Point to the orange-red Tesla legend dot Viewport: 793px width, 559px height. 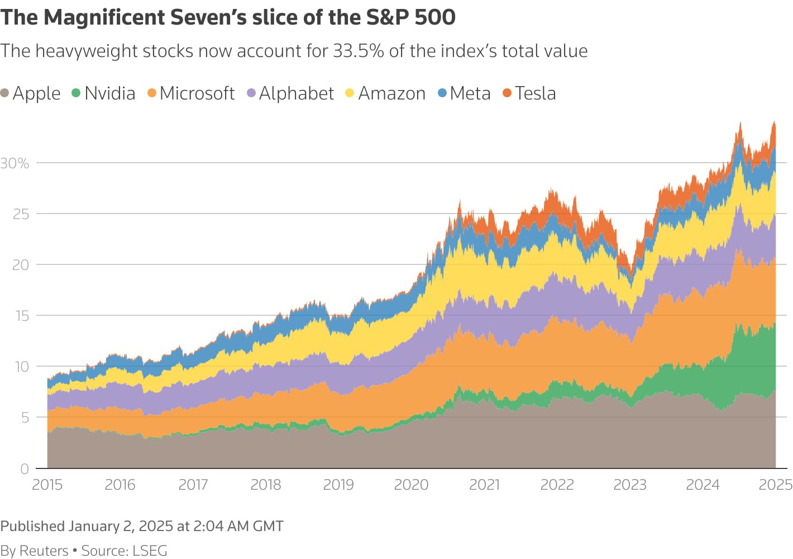tap(507, 93)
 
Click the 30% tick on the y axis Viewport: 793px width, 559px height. tap(15, 163)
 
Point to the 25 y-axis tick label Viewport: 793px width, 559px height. tap(21, 214)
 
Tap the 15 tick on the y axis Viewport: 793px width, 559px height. tap(21, 316)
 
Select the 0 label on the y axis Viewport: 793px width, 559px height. tap(25, 469)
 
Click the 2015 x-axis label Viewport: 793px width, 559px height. tap(47, 485)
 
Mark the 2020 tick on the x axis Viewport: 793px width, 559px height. tap(412, 485)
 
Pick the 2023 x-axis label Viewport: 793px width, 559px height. tap(630, 485)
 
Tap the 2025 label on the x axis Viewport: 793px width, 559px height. tap(775, 485)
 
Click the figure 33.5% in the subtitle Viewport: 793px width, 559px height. tap(359, 51)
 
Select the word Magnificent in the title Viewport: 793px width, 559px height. tap(104, 17)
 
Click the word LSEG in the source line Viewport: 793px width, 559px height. tap(150, 551)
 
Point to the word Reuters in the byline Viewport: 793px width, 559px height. tap(44, 551)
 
